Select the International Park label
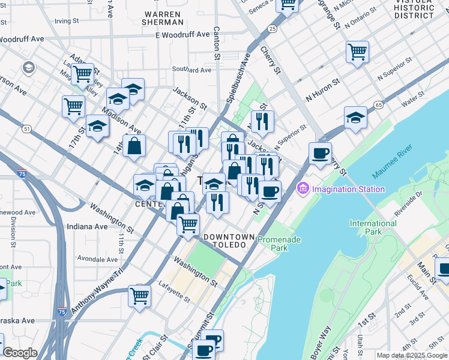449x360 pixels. pyautogui.click(x=373, y=227)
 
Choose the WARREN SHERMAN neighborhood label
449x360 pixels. pyautogui.click(x=163, y=18)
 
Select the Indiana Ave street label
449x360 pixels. pyautogui.click(x=87, y=227)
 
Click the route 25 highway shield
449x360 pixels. pyautogui.click(x=273, y=29)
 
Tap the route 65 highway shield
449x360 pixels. pyautogui.click(x=378, y=104)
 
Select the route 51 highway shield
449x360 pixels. pyautogui.click(x=26, y=128)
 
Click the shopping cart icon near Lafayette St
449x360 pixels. pyautogui.click(x=139, y=295)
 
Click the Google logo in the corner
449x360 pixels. pyautogui.click(x=20, y=353)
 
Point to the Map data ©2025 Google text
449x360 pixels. pyautogui.click(x=412, y=355)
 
